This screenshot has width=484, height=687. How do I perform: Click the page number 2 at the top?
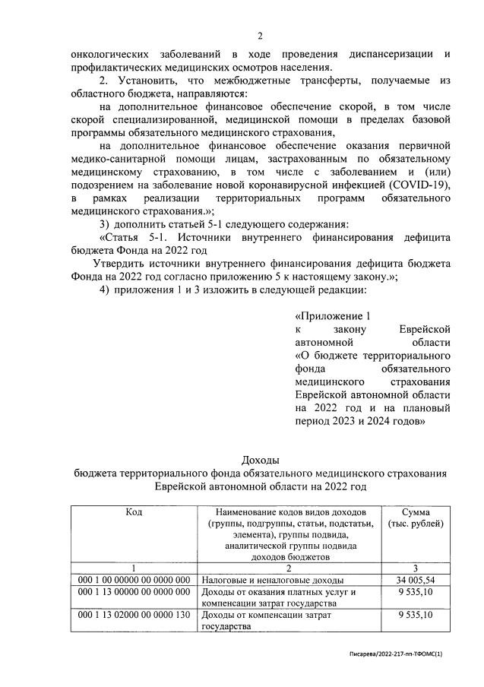point(259,36)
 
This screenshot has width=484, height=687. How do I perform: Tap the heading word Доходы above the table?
point(260,460)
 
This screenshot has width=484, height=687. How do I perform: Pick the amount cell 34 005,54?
point(416,580)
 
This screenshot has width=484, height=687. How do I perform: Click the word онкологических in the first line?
point(108,55)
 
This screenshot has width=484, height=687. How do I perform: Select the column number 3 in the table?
point(416,568)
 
